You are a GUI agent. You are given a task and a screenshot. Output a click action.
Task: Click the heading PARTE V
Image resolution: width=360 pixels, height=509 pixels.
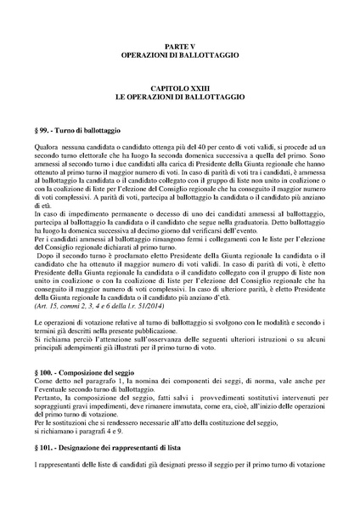(179, 43)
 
